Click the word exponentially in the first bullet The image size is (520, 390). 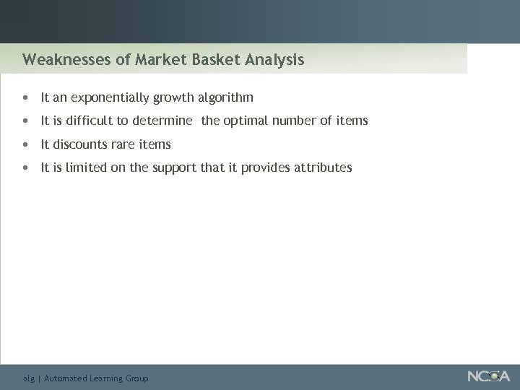click(x=110, y=97)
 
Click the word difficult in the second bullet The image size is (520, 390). click(x=97, y=121)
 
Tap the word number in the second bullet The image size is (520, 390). click(x=298, y=121)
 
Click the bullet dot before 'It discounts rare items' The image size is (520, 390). click(x=26, y=144)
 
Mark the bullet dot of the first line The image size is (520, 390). click(x=26, y=97)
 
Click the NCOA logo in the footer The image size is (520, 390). click(x=488, y=376)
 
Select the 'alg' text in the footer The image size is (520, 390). click(x=29, y=378)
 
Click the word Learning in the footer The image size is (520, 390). click(x=105, y=378)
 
